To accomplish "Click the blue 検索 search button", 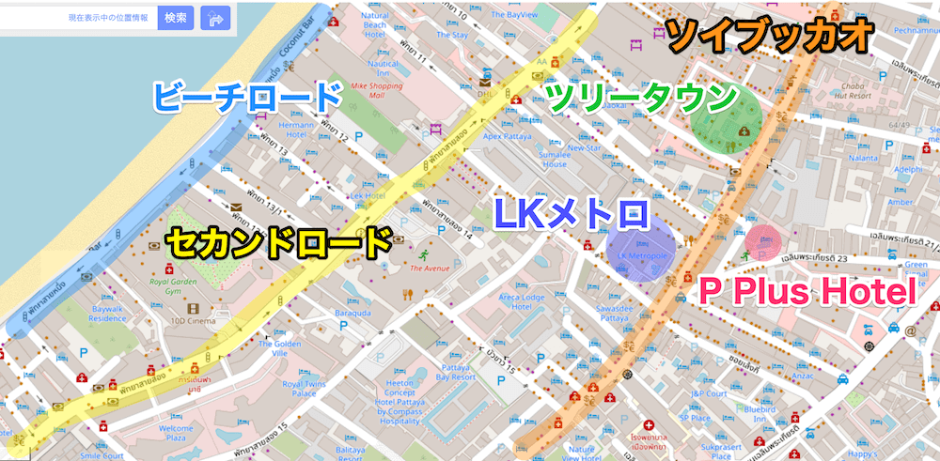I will click(176, 17).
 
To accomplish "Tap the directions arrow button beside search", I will click(217, 17).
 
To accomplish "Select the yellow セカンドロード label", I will click(279, 243).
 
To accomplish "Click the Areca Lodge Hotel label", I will click(522, 302).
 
